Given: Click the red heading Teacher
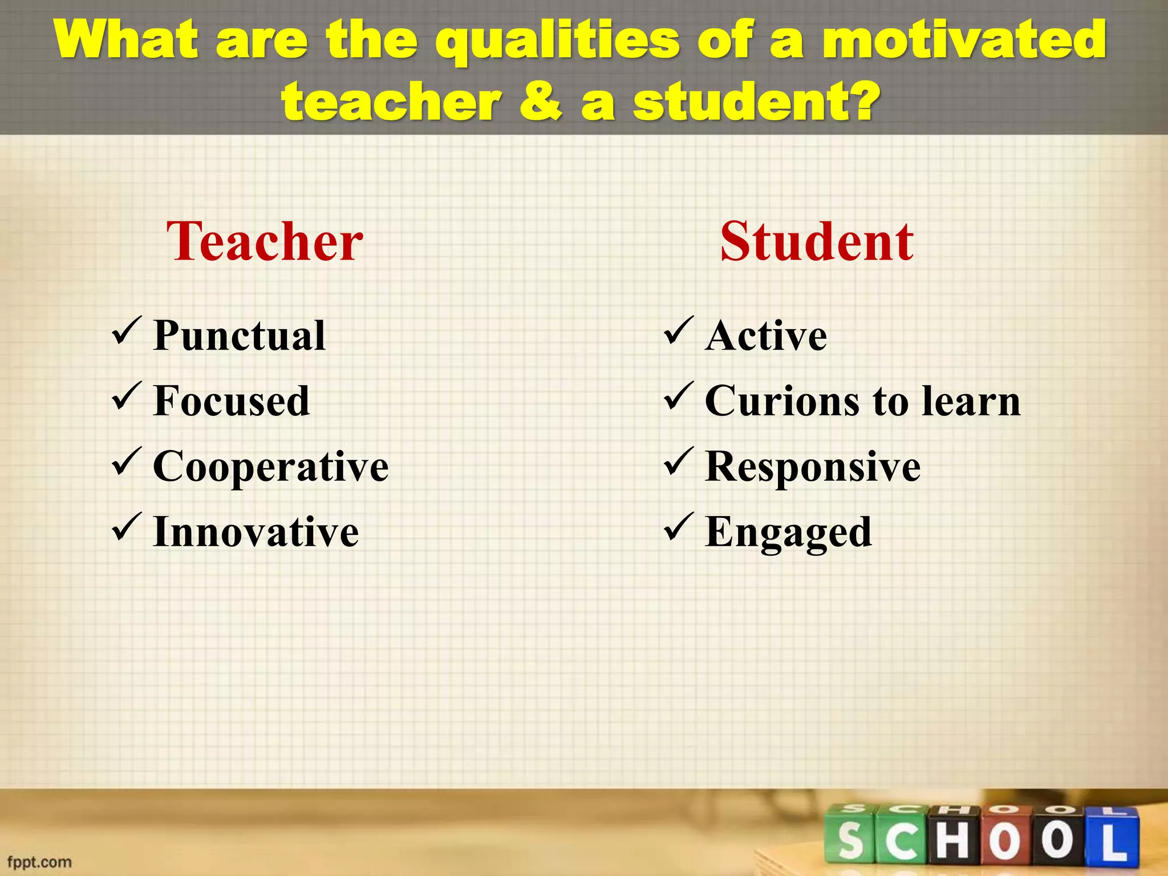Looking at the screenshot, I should click(x=265, y=242).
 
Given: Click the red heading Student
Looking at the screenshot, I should click(x=817, y=242).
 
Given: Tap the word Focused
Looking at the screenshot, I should click(x=232, y=401).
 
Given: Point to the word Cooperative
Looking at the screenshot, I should click(x=271, y=467).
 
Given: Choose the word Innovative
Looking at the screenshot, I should click(x=256, y=532).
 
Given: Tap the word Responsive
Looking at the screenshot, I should click(x=813, y=467).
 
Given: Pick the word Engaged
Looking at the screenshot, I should click(x=788, y=532).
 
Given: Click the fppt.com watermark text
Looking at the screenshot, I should click(x=39, y=862).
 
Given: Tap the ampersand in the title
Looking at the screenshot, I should click(x=540, y=103).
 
